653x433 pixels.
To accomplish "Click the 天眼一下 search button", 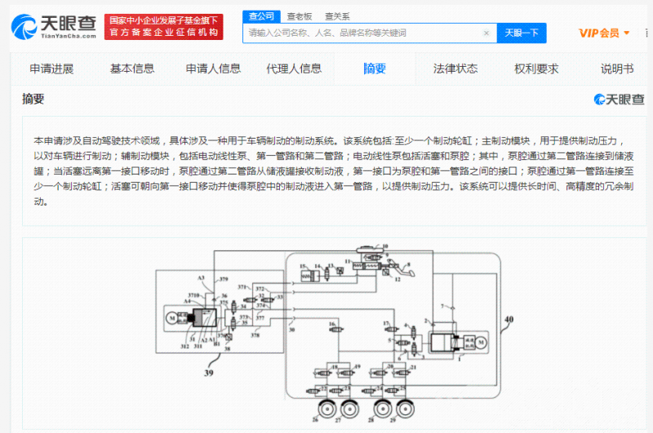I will (x=521, y=33).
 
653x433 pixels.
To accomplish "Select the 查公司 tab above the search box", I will (x=261, y=16).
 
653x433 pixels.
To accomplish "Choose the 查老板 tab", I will (x=300, y=16).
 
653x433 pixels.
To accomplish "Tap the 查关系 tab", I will (x=337, y=16).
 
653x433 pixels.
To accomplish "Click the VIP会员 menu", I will (x=604, y=33).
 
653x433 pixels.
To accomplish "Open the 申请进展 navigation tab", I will (x=51, y=68).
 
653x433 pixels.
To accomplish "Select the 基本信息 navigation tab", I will (x=132, y=68).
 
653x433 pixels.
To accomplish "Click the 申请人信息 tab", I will (x=213, y=68).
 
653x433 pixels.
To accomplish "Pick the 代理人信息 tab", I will (x=294, y=68).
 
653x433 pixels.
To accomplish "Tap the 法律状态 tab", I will (x=455, y=68).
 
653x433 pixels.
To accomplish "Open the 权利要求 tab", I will (x=536, y=68).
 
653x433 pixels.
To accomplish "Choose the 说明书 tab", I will (x=617, y=68).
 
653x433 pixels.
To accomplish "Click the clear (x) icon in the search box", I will (x=486, y=33).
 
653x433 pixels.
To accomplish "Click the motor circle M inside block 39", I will (x=172, y=316).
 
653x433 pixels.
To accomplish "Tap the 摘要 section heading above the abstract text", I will (x=33, y=99).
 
